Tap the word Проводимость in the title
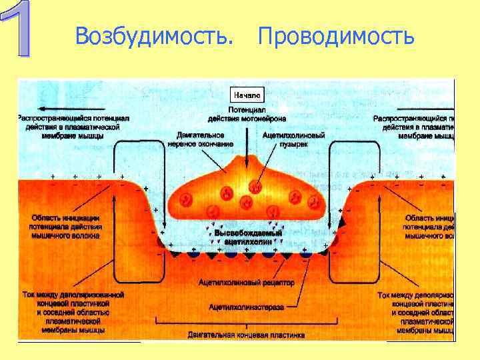(336, 36)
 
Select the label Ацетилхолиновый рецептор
(246, 283)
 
